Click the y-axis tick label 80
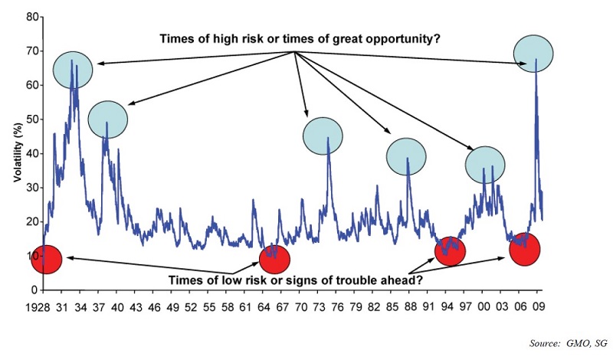click(32, 17)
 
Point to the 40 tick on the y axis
click(32, 154)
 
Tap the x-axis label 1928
click(38, 307)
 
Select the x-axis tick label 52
click(191, 307)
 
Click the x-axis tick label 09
click(538, 307)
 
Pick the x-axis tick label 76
click(337, 307)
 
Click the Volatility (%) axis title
click(18, 153)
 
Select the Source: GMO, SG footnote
click(569, 343)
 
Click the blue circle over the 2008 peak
click(533, 54)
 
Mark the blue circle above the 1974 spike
click(323, 136)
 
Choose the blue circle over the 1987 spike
click(406, 157)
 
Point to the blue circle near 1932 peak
click(73, 70)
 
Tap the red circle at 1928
click(46, 260)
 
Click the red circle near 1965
click(275, 260)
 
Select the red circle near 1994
click(450, 251)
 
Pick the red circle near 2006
click(525, 250)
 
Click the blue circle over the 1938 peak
click(108, 119)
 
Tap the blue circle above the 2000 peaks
click(485, 165)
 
